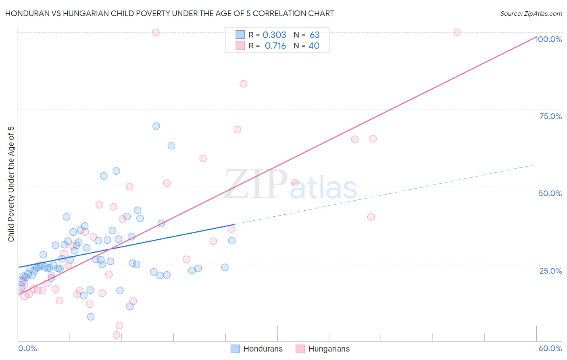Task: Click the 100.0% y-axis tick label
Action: pyautogui.click(x=548, y=39)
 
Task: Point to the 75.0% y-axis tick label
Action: pyautogui.click(x=550, y=116)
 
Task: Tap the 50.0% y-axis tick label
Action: pyautogui.click(x=550, y=193)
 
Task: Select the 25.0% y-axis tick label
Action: pyautogui.click(x=550, y=271)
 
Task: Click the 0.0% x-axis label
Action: pyautogui.click(x=27, y=348)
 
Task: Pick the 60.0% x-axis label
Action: pyautogui.click(x=550, y=348)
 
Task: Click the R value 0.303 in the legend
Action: pyautogui.click(x=274, y=35)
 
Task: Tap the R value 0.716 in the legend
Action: pyautogui.click(x=275, y=46)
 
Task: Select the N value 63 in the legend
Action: pyautogui.click(x=315, y=35)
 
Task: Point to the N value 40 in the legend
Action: pyautogui.click(x=314, y=46)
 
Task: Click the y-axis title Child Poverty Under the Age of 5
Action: pyautogui.click(x=11, y=184)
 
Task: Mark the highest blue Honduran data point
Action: pyautogui.click(x=156, y=126)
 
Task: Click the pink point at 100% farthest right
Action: pyautogui.click(x=457, y=32)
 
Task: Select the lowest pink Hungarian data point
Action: pyautogui.click(x=116, y=335)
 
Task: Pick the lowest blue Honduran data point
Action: pyautogui.click(x=91, y=317)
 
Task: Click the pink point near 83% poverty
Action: pyautogui.click(x=243, y=84)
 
